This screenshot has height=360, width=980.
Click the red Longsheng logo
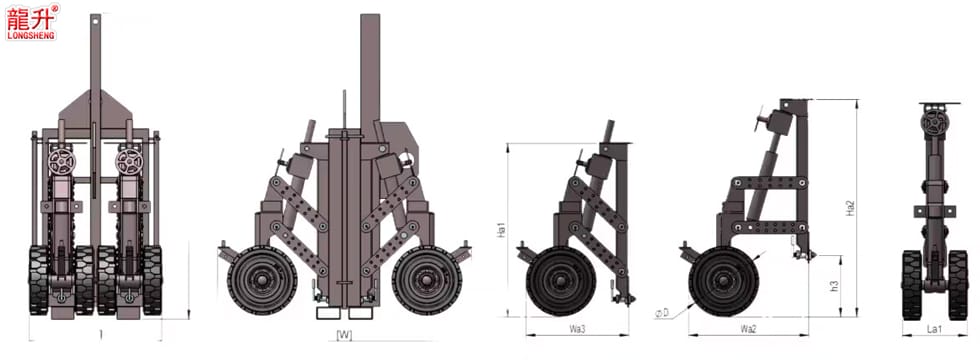click(32, 22)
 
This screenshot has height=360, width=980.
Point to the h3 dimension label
click(834, 286)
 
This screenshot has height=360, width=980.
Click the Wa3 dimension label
click(577, 329)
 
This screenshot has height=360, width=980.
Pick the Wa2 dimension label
click(748, 329)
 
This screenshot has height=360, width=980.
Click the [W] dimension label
click(344, 335)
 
